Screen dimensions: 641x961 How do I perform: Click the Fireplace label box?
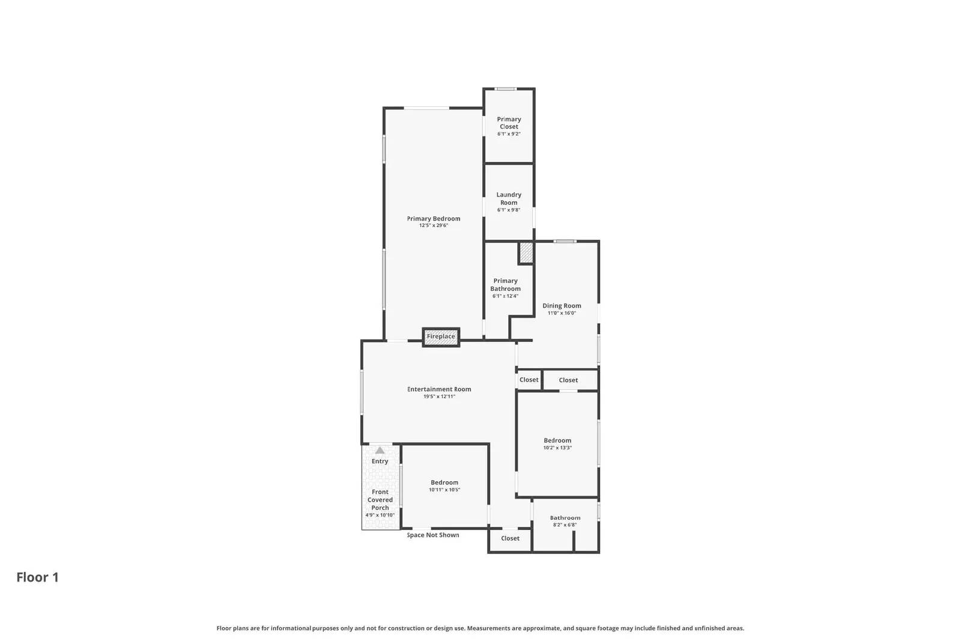tap(441, 337)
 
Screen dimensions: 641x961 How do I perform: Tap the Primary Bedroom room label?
tap(434, 219)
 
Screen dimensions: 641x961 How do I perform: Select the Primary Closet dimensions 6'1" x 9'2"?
tap(509, 134)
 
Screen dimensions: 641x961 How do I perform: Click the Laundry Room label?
tap(509, 198)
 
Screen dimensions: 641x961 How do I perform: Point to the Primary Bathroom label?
tap(505, 285)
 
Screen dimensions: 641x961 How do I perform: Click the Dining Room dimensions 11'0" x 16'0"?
tap(562, 313)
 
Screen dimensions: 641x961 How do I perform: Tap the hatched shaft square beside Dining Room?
tap(526, 252)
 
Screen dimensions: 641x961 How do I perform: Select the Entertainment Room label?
tap(439, 389)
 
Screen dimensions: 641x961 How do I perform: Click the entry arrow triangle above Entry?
tap(380, 450)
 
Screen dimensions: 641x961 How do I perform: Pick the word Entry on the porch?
tap(380, 461)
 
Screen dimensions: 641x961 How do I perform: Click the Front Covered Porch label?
tap(380, 500)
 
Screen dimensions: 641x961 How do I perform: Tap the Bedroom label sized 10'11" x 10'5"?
tap(444, 482)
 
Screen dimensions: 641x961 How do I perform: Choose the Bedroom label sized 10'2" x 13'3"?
tap(557, 440)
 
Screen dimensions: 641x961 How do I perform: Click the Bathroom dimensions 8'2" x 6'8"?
tap(565, 525)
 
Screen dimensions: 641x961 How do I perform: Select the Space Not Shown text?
tap(433, 535)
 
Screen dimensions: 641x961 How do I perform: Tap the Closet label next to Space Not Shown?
tap(510, 538)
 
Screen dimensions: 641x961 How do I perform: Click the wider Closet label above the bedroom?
tap(568, 380)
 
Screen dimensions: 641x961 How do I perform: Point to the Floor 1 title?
tap(37, 577)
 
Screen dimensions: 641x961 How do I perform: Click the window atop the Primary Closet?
tap(506, 89)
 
